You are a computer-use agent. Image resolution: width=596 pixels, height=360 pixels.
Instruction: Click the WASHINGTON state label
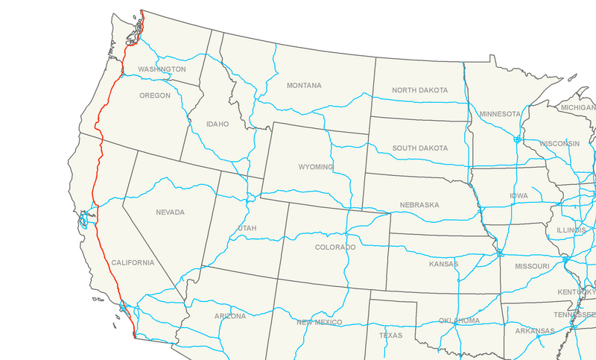162,69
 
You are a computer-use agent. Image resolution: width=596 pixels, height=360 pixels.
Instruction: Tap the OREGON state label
154,95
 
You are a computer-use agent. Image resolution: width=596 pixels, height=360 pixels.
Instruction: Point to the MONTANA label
304,86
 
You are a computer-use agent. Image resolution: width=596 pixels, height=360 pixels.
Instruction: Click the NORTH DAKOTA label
420,90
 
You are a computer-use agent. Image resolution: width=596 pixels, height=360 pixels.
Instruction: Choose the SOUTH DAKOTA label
420,148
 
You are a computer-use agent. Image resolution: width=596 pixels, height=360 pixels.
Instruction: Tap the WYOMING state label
316,167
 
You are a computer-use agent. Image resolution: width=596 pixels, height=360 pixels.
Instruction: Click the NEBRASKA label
419,204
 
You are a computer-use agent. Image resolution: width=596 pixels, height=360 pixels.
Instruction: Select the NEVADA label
170,212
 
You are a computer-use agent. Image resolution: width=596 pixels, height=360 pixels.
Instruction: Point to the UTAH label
247,227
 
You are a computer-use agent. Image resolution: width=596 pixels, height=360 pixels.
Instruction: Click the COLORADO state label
335,247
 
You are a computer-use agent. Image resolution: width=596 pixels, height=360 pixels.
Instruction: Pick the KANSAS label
443,264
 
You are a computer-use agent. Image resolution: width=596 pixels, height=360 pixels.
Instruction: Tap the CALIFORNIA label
133,263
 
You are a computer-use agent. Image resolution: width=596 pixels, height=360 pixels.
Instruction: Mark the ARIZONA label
230,316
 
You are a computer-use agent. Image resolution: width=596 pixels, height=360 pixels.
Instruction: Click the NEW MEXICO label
318,322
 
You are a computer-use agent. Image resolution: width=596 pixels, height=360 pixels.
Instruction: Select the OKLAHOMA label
460,320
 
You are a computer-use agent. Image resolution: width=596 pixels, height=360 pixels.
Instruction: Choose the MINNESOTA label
500,114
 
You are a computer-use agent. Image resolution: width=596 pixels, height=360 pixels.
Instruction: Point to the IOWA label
519,196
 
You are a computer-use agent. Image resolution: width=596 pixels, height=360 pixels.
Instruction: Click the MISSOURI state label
531,266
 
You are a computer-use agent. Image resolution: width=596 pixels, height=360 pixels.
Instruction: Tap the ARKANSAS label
534,330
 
